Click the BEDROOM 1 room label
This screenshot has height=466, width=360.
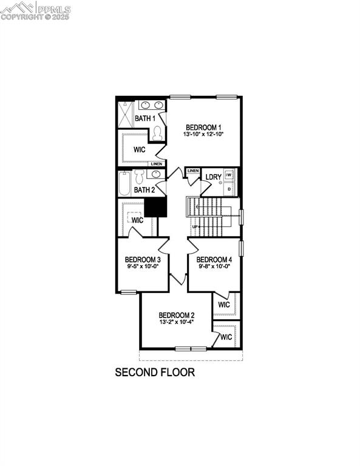pos(203,127)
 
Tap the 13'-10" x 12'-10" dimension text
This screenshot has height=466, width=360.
pos(203,135)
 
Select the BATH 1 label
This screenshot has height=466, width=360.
pos(145,118)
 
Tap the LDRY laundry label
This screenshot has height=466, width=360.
pos(212,177)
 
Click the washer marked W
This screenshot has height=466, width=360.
pos(229,175)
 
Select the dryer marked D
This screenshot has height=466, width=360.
pos(229,189)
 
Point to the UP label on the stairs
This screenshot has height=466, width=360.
pos(195,227)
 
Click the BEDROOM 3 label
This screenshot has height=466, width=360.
pos(143,259)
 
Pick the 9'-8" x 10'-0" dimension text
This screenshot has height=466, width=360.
pos(214,266)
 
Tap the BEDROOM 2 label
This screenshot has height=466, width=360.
pos(176,315)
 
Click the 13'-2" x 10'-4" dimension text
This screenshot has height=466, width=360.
pos(176,323)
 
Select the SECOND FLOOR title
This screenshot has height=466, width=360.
pos(155,372)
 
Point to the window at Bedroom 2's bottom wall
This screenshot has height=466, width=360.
pos(191,348)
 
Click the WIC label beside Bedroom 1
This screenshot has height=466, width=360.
pos(140,149)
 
